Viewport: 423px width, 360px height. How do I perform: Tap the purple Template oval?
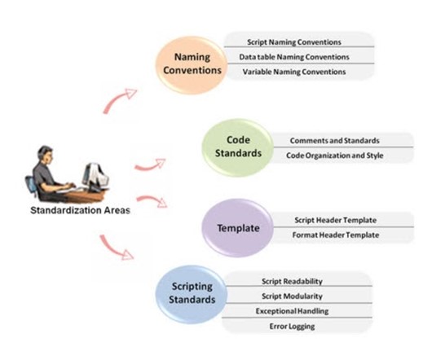(238, 228)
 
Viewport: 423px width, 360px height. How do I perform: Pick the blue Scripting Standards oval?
(193, 293)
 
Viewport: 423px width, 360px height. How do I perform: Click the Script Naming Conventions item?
(294, 42)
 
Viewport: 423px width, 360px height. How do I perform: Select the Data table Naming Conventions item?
(294, 57)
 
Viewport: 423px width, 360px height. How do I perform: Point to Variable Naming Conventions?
(294, 72)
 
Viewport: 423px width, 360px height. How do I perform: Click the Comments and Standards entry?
(324, 140)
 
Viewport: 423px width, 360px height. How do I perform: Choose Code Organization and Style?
(324, 156)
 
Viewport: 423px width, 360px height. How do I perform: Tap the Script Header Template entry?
(329, 220)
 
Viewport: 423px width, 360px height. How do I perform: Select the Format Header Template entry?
(329, 235)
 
